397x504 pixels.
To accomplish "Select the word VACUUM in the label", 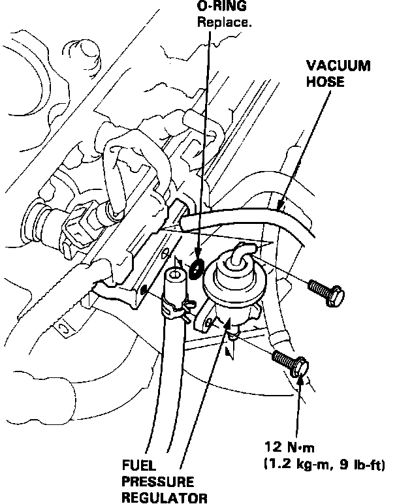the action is (339, 67).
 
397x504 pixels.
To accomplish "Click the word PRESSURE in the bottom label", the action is (157, 482).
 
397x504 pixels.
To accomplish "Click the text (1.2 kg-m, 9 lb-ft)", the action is (323, 465).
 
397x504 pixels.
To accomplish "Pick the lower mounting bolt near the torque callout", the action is (289, 362).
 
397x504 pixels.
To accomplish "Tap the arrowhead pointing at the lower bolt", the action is (301, 379).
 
